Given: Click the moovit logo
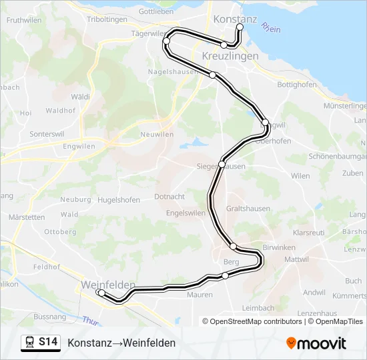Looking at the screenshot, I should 316,343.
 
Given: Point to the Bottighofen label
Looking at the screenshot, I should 296,85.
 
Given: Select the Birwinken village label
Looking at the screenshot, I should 279,247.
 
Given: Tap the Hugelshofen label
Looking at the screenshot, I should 119,200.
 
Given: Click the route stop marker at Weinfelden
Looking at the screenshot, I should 100,293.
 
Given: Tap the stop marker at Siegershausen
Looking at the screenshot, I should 222,163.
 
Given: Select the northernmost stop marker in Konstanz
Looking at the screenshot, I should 240,27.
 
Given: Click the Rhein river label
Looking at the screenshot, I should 271,29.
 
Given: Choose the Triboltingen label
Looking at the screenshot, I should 107,19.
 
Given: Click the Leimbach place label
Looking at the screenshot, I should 258,308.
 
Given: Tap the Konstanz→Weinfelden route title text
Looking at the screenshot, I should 121,343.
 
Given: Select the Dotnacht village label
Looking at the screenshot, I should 169,197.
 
